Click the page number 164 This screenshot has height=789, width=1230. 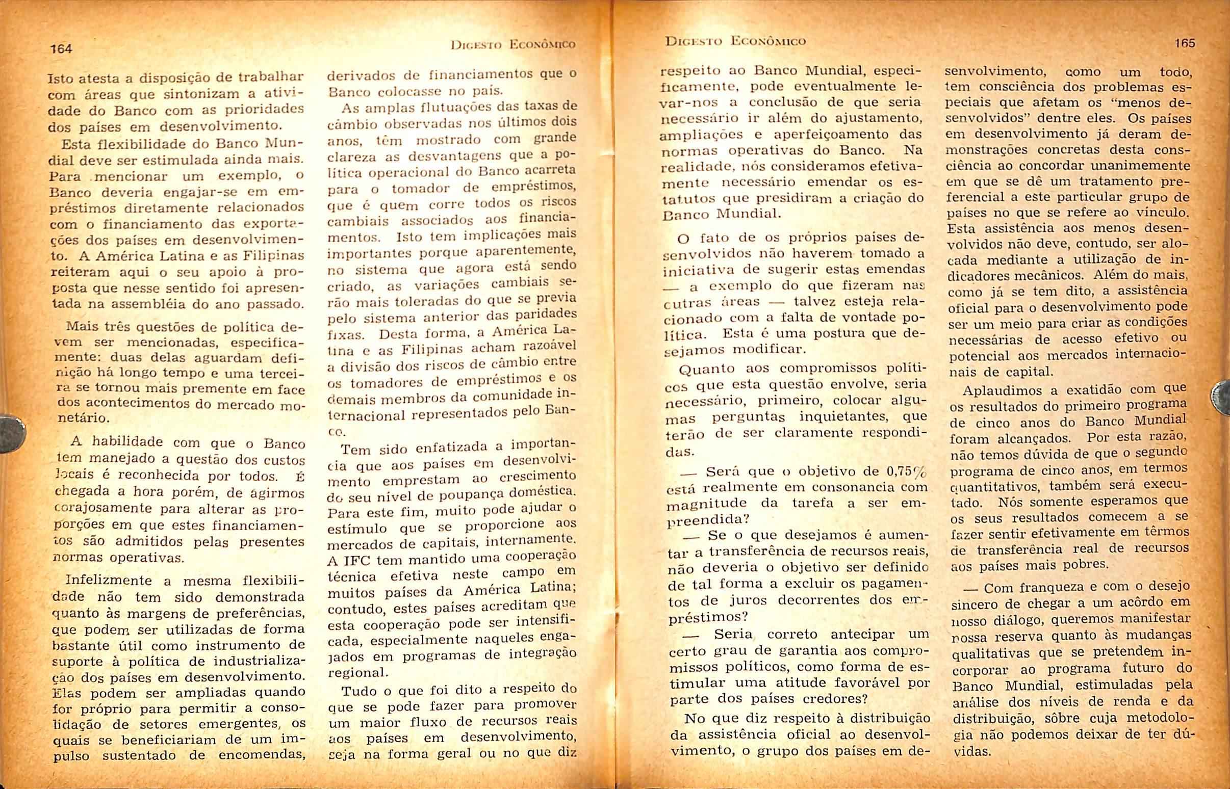click(61, 48)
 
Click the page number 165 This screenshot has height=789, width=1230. click(1185, 43)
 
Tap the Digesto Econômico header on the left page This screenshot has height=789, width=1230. click(513, 44)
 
